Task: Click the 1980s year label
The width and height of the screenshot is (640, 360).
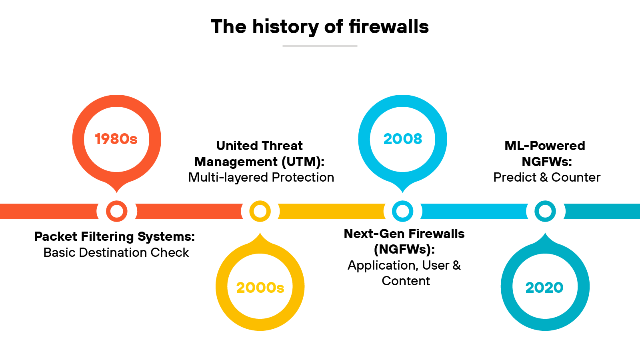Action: (116, 139)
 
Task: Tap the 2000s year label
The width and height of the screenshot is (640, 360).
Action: (260, 287)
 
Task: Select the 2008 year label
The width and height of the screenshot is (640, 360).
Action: (402, 139)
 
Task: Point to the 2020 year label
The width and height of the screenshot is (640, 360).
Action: (544, 287)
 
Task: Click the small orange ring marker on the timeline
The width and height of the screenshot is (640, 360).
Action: (117, 211)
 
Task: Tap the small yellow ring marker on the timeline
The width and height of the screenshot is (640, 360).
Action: (260, 211)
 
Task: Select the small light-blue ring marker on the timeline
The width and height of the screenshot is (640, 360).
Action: (402, 211)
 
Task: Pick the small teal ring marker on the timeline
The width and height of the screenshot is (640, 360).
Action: (545, 211)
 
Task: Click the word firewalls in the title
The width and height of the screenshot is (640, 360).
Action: (388, 27)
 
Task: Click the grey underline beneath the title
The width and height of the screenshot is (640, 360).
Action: (320, 46)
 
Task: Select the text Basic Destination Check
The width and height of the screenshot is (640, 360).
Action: (116, 252)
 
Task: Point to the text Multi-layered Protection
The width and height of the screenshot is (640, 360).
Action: (261, 177)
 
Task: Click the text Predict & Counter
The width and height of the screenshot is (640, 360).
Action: (546, 177)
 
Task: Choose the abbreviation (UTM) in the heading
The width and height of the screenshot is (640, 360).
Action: (303, 162)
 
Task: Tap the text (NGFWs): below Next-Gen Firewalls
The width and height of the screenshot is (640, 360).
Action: (404, 249)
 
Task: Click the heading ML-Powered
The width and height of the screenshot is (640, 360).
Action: (544, 146)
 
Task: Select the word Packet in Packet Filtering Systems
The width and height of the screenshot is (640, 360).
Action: (55, 236)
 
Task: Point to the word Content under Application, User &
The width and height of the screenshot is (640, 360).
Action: (406, 281)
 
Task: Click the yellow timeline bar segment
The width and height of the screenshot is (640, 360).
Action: (331, 211)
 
